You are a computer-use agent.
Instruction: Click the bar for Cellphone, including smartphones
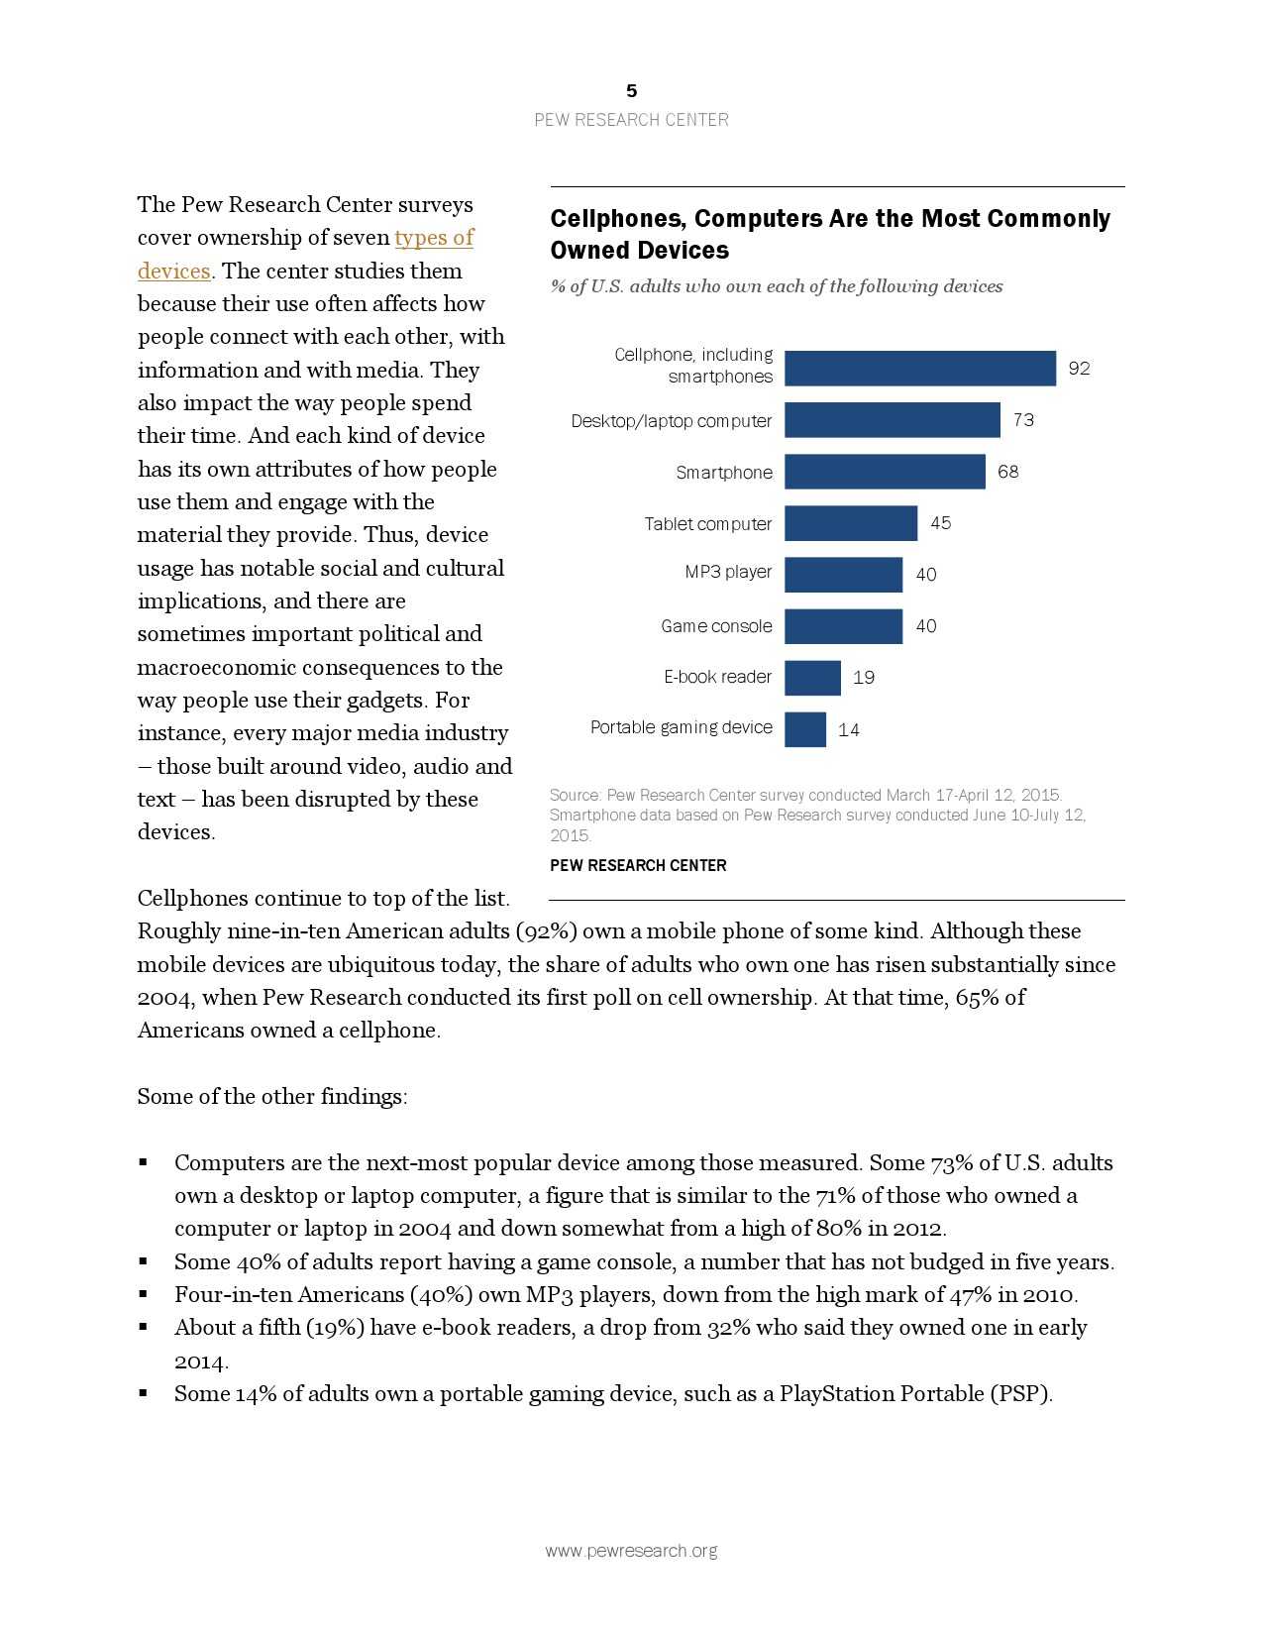[x=919, y=368]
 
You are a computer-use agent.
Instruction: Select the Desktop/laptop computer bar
[x=892, y=420]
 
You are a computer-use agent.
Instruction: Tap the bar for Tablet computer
[x=850, y=523]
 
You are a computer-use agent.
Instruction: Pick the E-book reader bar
[x=812, y=678]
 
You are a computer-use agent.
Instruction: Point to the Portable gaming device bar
[x=804, y=729]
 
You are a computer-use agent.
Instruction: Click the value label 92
[x=1079, y=369]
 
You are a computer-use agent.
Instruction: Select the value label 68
[x=1007, y=472]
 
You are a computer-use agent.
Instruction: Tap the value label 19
[x=863, y=678]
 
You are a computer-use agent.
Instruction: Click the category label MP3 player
[x=728, y=572]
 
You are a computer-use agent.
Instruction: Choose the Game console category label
[x=716, y=626]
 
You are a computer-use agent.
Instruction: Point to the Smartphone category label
[x=723, y=473]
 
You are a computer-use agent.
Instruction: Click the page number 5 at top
[x=631, y=91]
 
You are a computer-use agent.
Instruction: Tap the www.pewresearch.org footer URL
[x=631, y=1551]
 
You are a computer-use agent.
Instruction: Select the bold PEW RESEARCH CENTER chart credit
[x=638, y=865]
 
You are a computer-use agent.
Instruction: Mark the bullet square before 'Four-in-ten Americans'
[x=144, y=1294]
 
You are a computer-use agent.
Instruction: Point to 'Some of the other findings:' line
[x=272, y=1097]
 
